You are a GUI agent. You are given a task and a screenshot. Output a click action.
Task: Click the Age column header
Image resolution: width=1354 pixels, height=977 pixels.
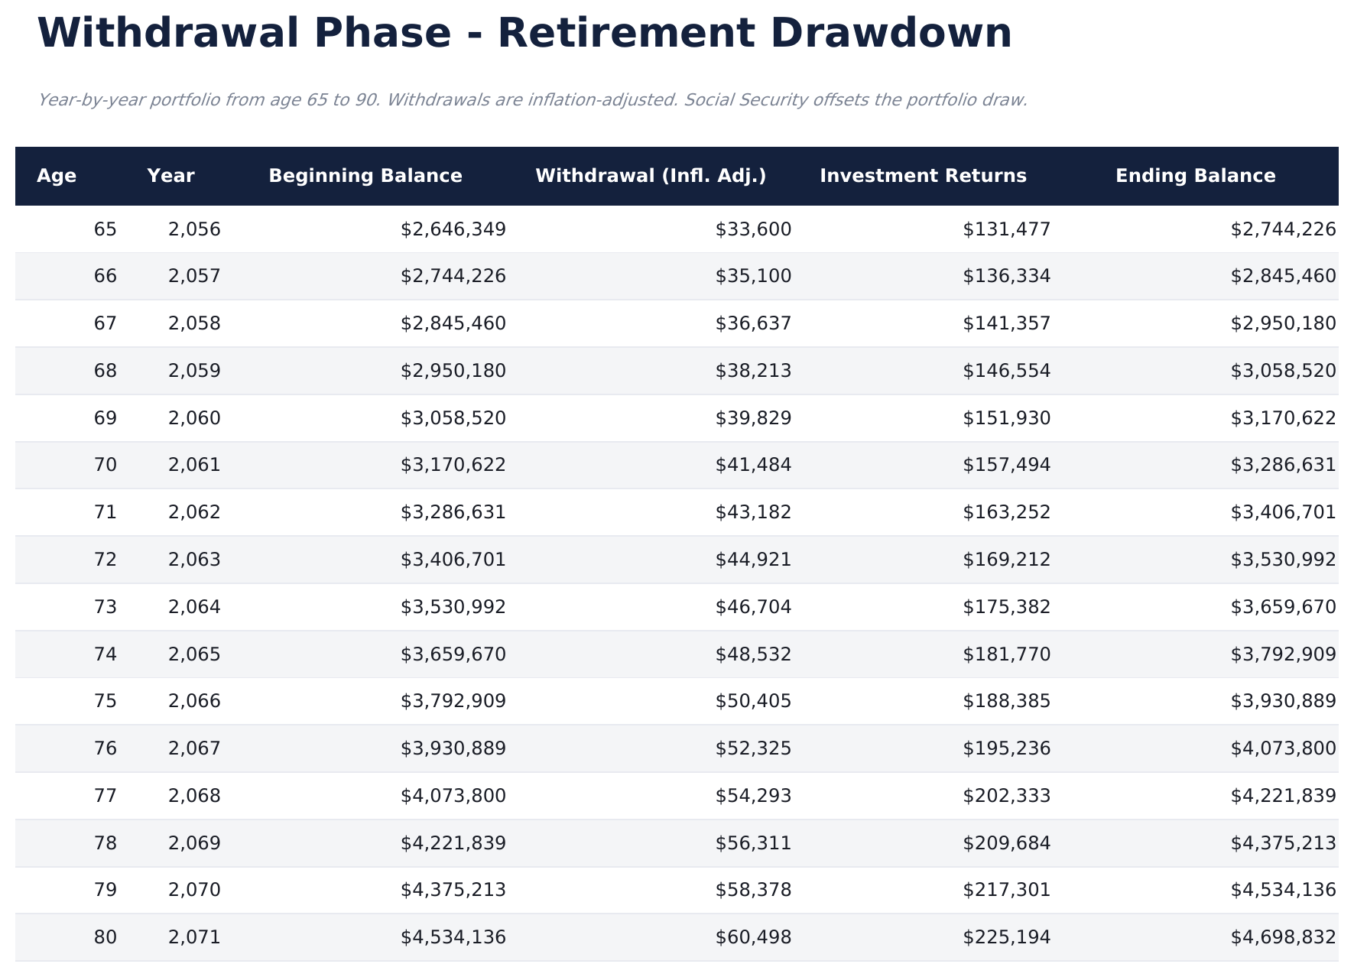click(57, 176)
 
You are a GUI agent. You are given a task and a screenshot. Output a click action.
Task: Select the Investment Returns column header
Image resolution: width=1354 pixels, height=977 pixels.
click(923, 176)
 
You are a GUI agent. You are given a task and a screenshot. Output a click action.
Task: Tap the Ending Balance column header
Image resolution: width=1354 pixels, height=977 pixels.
click(1195, 176)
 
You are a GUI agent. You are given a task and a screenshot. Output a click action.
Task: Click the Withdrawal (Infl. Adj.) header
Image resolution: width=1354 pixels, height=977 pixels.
click(651, 176)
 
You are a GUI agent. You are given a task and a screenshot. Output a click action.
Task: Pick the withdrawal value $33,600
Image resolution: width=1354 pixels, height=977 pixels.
click(753, 229)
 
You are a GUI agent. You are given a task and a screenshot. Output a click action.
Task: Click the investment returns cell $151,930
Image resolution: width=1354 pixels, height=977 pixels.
click(1006, 418)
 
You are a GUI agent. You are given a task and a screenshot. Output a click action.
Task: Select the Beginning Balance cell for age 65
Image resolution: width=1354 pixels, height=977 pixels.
click(453, 229)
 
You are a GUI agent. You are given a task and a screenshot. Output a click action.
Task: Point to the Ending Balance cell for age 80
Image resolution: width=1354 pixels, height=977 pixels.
click(1283, 937)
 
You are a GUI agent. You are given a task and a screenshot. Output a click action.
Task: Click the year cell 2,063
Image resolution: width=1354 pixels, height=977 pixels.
click(194, 560)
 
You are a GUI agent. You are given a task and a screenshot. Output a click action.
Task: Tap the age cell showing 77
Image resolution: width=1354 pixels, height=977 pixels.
click(106, 796)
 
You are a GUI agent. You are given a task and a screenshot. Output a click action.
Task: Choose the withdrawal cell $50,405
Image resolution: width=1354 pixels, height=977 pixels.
click(753, 701)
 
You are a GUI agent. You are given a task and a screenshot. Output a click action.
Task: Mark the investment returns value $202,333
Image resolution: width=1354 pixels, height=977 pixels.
click(1006, 796)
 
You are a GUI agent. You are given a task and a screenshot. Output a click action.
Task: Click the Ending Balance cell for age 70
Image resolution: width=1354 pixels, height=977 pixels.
click(1283, 465)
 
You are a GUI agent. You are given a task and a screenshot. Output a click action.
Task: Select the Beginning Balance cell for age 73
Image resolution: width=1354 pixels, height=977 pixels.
click(453, 607)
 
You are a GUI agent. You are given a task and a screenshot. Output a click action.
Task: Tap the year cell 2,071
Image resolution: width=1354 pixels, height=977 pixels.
click(194, 937)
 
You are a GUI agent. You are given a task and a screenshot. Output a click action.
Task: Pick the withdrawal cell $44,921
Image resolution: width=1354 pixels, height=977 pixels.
click(753, 560)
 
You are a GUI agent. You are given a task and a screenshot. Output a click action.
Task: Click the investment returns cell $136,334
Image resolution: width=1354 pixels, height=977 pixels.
click(1006, 276)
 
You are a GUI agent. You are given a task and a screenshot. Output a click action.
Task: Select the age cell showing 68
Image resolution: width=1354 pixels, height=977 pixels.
click(106, 371)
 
